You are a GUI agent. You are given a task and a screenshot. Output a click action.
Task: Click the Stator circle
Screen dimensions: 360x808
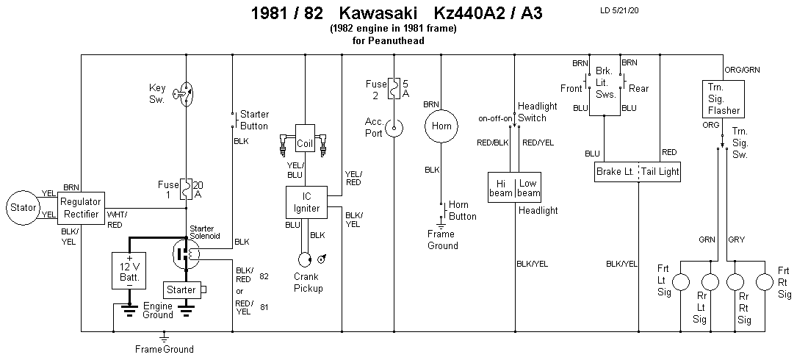point(24,207)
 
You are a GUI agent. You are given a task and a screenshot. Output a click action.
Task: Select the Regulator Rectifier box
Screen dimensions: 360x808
point(82,207)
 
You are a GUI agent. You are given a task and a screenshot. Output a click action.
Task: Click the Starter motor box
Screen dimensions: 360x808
point(181,289)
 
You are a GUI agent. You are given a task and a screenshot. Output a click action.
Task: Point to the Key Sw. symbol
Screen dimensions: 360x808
point(187,93)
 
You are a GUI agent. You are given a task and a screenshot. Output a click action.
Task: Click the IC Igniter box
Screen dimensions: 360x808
point(307,201)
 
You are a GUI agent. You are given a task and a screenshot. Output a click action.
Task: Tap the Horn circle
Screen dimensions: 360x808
point(441,126)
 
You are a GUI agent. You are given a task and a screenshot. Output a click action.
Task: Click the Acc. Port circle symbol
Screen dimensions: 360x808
point(395,130)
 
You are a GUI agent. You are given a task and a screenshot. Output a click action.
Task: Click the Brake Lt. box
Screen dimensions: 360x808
point(616,173)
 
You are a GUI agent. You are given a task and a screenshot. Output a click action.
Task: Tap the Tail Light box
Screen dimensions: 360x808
point(660,173)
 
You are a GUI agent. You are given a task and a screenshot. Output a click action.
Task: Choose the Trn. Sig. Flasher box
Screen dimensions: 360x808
point(724,99)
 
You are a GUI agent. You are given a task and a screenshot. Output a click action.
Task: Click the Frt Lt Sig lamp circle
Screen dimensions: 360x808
point(682,282)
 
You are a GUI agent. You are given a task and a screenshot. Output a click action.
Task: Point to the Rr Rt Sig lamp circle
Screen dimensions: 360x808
point(737,282)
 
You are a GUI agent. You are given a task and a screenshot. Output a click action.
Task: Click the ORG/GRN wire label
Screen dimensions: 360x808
point(743,70)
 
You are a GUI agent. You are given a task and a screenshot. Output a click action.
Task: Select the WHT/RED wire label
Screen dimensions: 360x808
point(115,220)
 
